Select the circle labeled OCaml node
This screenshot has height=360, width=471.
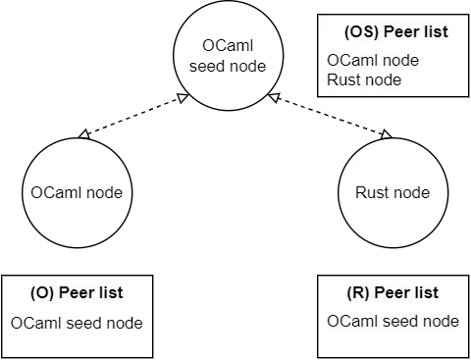pos(76,192)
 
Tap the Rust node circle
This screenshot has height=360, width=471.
pos(391,192)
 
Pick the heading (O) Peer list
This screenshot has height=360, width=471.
pos(77,293)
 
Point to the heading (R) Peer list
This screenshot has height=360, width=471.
pos(392,293)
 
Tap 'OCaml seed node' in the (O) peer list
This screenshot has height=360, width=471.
pos(77,323)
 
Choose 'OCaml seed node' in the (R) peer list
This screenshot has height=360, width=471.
pos(392,322)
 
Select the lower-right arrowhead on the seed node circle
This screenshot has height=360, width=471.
pos(281,96)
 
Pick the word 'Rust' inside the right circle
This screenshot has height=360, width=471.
pos(372,192)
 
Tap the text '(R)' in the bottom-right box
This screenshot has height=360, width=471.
pos(359,293)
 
